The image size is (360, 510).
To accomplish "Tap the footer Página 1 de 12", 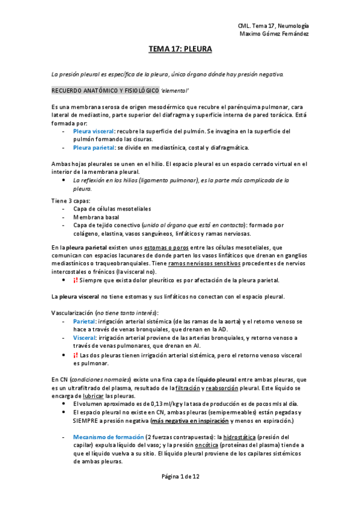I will point(180,476).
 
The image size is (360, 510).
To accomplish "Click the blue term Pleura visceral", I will point(94,131).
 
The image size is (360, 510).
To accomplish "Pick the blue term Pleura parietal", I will point(94,147).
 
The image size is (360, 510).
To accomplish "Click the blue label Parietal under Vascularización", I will point(85,322).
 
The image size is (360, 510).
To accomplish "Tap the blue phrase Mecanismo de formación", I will point(108,437).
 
